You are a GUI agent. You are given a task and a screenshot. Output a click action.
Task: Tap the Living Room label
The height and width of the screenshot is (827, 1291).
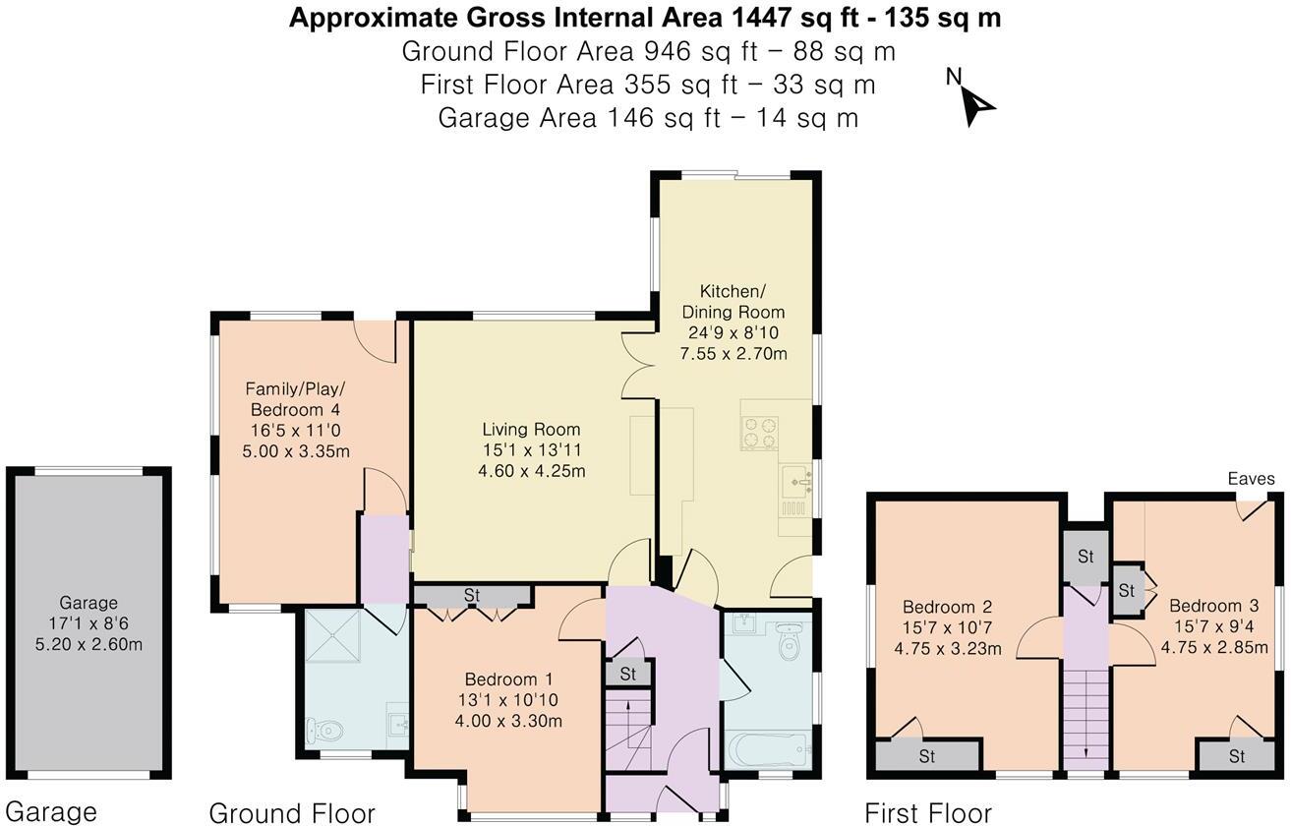click(531, 430)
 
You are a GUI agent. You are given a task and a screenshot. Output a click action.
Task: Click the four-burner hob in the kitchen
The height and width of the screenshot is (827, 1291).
click(759, 434)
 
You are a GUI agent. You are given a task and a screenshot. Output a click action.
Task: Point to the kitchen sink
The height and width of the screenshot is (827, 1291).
click(794, 483)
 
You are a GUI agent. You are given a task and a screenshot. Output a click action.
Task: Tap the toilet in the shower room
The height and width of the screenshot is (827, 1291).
click(324, 731)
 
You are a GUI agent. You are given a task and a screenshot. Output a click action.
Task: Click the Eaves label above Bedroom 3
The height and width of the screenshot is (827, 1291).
click(1251, 480)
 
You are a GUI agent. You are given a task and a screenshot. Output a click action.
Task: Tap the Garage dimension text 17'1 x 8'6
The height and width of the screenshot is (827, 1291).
click(88, 624)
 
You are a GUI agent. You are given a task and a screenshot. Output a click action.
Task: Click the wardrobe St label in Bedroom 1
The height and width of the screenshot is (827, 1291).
click(472, 596)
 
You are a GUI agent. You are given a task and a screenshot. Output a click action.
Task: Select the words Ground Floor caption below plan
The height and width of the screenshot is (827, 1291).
click(292, 813)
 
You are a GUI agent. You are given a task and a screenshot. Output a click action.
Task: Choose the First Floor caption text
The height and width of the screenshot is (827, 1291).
click(927, 813)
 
